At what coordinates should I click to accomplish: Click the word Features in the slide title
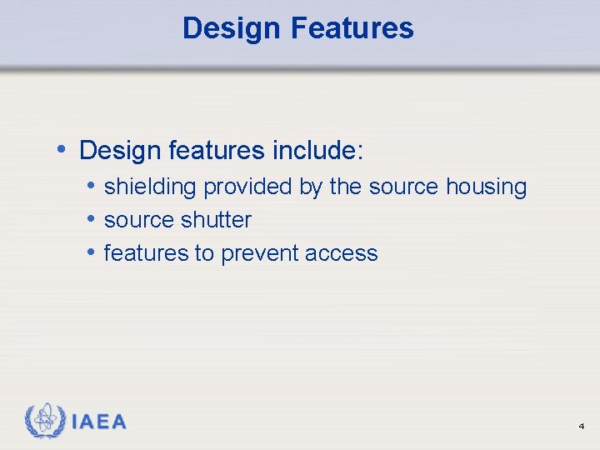pos(352,28)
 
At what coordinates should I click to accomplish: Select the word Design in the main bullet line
pos(120,151)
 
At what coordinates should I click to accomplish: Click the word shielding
pos(151,187)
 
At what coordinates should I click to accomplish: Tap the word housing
pos(486,187)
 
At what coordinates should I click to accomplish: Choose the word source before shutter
pos(137,220)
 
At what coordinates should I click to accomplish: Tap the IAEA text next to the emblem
pos(99,422)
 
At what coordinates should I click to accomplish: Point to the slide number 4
pos(581,427)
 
